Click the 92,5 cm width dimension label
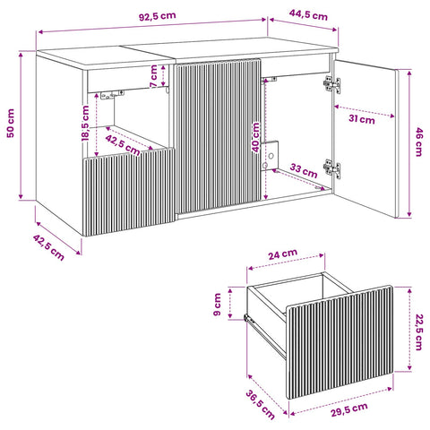(158, 16)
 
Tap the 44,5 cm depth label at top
(308, 14)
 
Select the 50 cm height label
(11, 123)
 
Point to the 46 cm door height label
(418, 142)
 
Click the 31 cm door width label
(362, 119)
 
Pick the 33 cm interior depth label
(304, 170)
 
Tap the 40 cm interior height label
(255, 137)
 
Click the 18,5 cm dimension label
(85, 123)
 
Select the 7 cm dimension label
(153, 76)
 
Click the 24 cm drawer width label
(282, 254)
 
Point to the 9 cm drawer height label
(217, 305)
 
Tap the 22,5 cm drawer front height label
(418, 331)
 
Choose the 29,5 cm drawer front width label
(348, 409)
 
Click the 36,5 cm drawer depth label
(260, 405)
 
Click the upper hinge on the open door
(331, 84)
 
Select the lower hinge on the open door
(331, 168)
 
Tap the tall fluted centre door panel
(219, 136)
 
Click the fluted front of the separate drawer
(340, 342)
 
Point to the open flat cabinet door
(365, 139)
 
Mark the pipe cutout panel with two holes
(270, 156)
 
